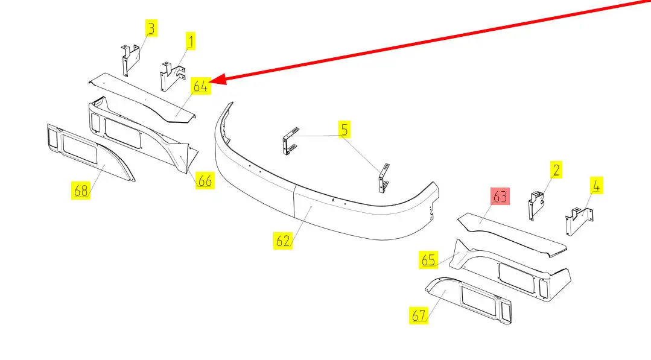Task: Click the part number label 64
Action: (201, 86)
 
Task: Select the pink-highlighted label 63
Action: (500, 197)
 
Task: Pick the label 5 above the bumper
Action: (343, 128)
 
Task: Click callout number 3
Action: (151, 28)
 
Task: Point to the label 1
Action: (191, 42)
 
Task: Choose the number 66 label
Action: (205, 180)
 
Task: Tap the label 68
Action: (81, 191)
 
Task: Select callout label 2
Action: (556, 169)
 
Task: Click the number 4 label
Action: (595, 186)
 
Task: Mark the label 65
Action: (428, 261)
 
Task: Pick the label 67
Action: (419, 315)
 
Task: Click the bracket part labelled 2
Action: (536, 203)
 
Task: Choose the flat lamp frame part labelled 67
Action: (471, 302)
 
